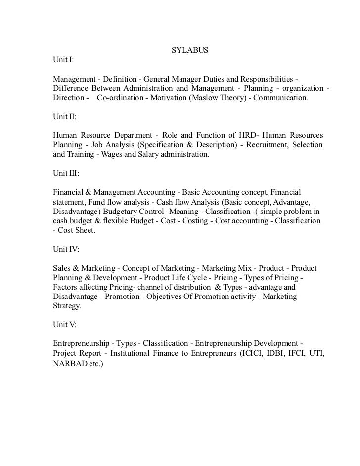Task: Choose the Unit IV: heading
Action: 65,249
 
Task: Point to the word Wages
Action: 113,155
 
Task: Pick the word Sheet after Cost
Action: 85,230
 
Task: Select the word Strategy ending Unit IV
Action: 69,306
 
